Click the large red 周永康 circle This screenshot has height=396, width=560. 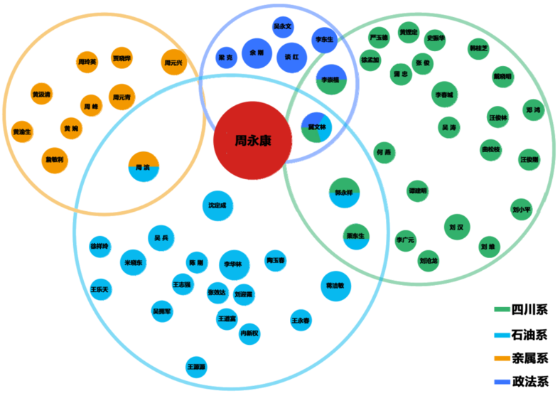252,141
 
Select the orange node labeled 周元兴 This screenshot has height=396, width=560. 173,63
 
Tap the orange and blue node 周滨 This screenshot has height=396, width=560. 144,167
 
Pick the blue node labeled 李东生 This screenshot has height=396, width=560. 324,40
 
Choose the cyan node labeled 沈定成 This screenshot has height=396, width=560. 217,205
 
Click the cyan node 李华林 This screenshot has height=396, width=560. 234,264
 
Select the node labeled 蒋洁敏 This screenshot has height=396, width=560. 335,285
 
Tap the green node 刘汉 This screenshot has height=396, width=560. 457,228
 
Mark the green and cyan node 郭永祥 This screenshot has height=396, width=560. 344,193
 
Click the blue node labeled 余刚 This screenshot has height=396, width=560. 256,53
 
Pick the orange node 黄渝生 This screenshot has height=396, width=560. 22,132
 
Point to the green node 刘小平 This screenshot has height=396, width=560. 522,209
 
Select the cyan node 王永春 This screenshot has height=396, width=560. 301,321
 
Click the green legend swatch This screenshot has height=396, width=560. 502,309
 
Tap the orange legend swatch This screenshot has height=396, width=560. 502,358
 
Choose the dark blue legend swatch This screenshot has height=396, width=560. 502,382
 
